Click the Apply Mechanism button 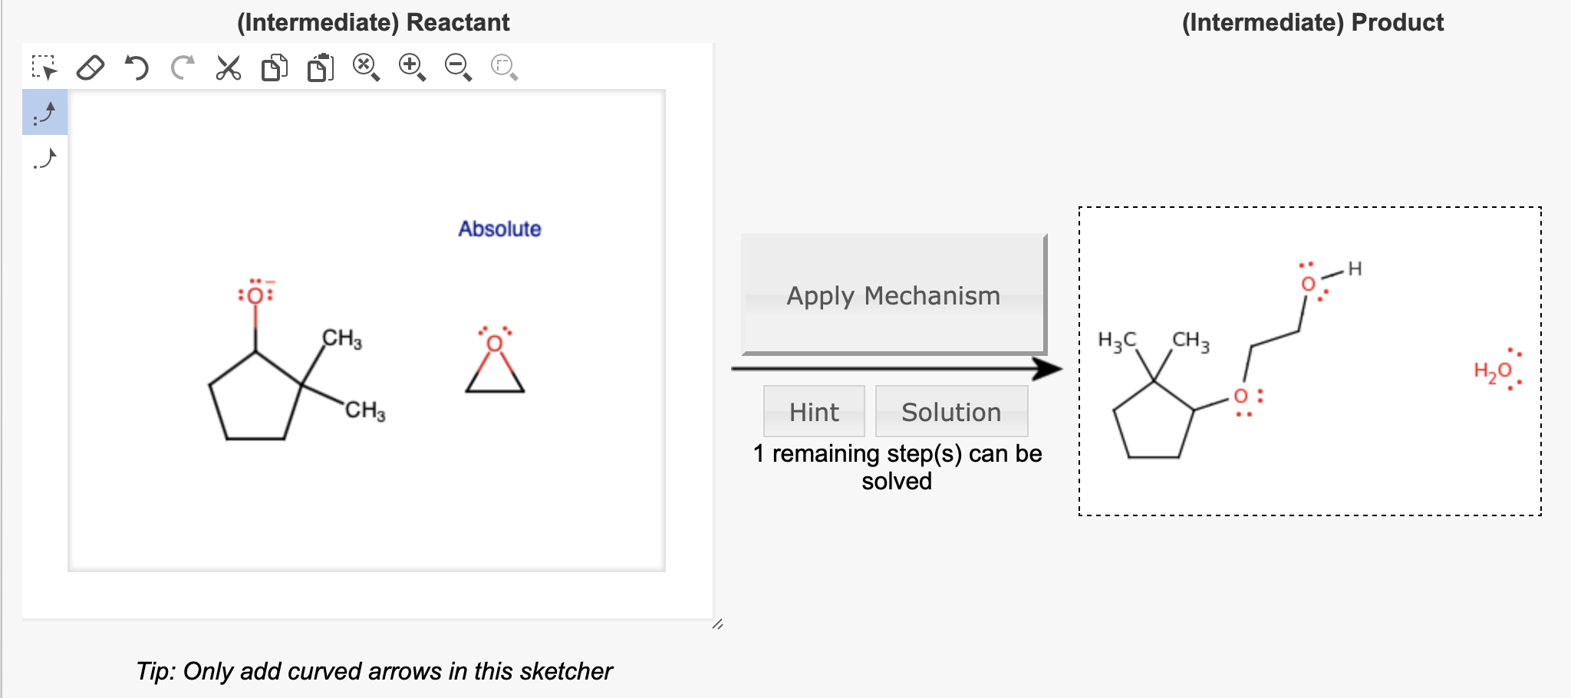tap(893, 295)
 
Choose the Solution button tap(951, 412)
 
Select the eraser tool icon tap(91, 67)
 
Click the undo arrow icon tap(137, 67)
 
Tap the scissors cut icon tap(228, 67)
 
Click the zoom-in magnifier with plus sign tap(412, 67)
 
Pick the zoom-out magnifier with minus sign tap(458, 67)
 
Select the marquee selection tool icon tap(44, 67)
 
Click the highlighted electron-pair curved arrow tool tap(44, 113)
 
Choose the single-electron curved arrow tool tap(44, 159)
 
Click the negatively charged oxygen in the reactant tap(255, 295)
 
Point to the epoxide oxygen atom tap(495, 343)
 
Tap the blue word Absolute tap(499, 229)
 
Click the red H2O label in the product tap(1493, 371)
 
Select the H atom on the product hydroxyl tap(1355, 268)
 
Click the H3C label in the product tap(1117, 341)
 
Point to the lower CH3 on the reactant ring tap(365, 410)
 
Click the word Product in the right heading tap(1397, 22)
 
